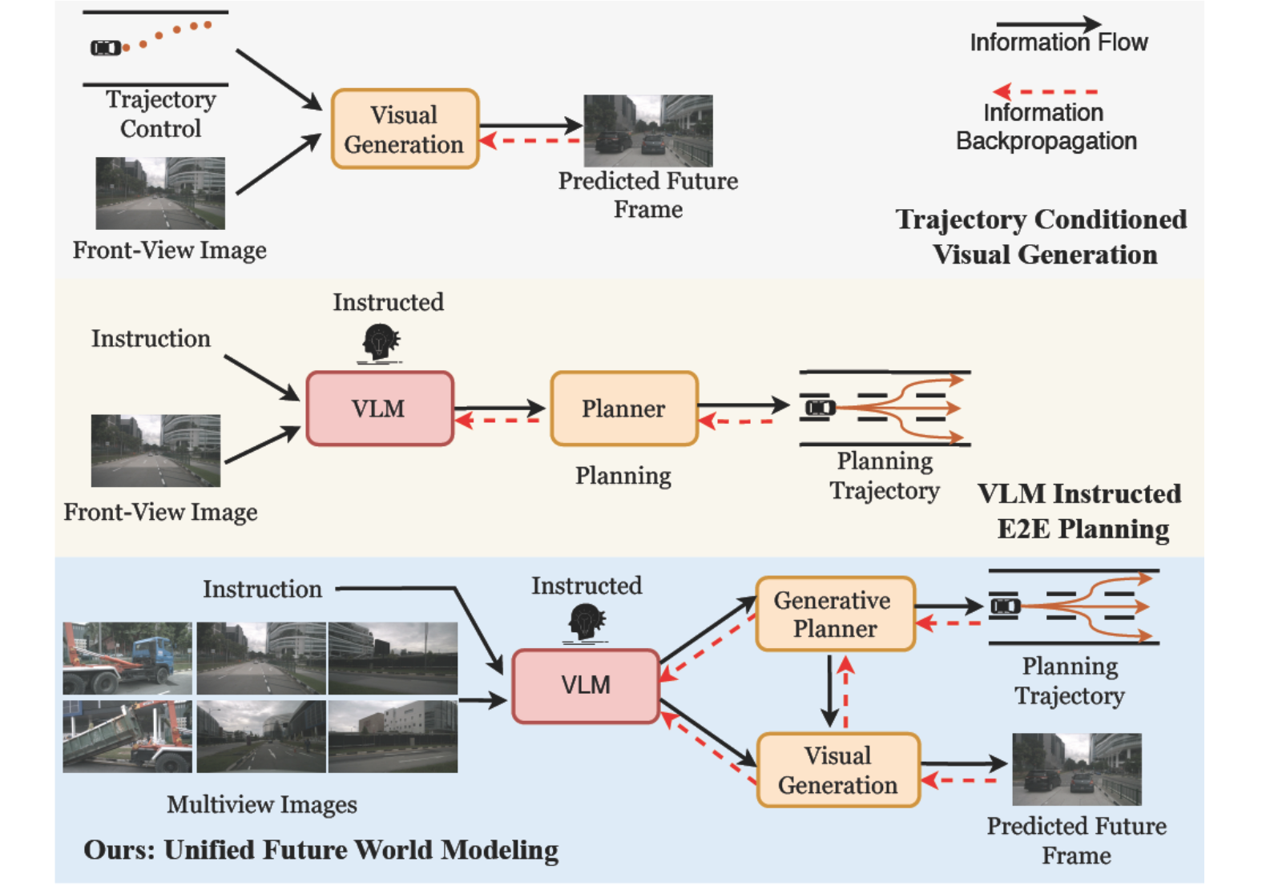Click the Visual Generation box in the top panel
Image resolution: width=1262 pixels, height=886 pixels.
click(405, 129)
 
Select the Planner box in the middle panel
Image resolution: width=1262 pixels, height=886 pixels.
click(623, 409)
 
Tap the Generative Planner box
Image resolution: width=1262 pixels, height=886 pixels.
click(835, 614)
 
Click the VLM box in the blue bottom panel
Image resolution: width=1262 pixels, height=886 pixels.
click(586, 686)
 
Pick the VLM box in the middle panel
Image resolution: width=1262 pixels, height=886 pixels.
click(379, 409)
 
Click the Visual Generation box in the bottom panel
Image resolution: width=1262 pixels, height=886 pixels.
click(838, 770)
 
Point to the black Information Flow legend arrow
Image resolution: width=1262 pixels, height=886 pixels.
click(1047, 25)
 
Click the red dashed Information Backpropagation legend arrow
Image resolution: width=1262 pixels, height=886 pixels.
click(1045, 91)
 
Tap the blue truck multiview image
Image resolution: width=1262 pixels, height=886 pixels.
click(127, 658)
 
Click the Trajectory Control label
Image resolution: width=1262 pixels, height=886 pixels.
click(160, 114)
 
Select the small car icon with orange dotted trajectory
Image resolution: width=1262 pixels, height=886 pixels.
click(106, 48)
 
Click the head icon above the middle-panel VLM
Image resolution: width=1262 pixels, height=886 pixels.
click(380, 344)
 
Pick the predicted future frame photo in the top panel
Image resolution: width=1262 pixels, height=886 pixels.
click(647, 131)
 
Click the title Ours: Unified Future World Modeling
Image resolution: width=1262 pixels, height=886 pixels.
click(321, 850)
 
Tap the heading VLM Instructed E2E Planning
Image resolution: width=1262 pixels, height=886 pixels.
click(1080, 511)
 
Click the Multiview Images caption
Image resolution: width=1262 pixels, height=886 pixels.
click(262, 804)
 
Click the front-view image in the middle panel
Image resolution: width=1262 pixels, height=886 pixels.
click(155, 450)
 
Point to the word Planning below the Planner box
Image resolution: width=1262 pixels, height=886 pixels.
click(623, 476)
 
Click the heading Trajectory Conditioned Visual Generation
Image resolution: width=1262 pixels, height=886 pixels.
click(1042, 237)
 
